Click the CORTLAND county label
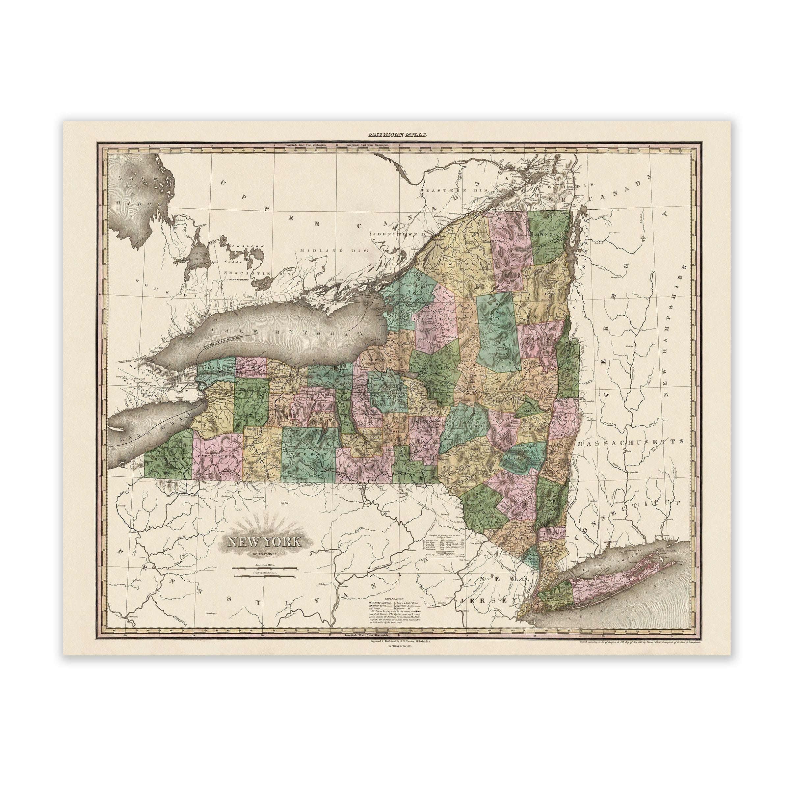[x=395, y=432]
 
